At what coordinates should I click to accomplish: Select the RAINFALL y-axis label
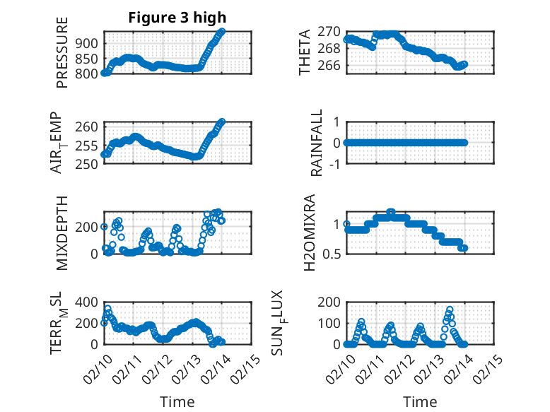(317, 143)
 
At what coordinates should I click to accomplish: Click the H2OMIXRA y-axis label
(309, 232)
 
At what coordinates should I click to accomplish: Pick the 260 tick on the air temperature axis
(90, 127)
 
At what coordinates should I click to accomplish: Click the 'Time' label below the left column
(177, 401)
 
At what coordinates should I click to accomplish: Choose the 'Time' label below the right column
(420, 401)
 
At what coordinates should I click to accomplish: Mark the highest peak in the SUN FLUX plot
(450, 310)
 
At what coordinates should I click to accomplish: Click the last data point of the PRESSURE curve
(222, 31)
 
